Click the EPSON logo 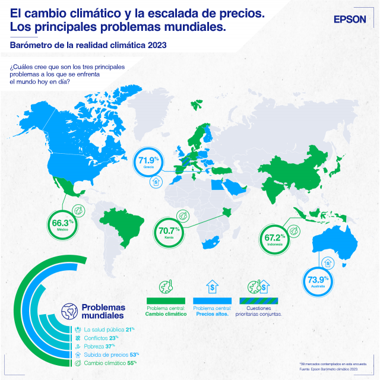click(350, 19)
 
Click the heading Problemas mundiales click(103, 311)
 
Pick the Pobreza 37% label click(99, 346)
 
